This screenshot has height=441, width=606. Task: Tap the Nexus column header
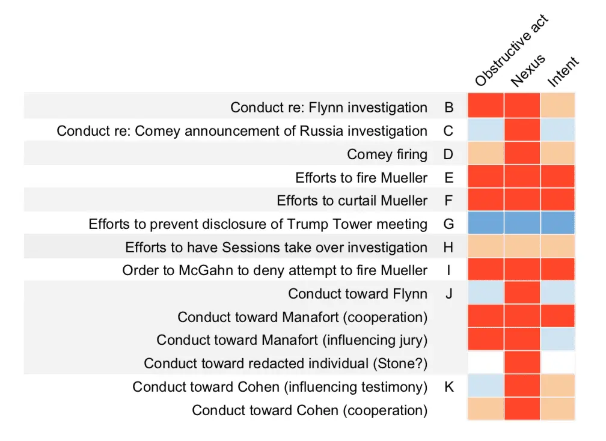[x=528, y=70]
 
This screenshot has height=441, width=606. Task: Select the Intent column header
[x=563, y=71]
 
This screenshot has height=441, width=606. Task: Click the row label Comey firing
[x=387, y=154]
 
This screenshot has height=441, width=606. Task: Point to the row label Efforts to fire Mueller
[x=361, y=178]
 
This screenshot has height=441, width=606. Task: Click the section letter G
[x=448, y=225]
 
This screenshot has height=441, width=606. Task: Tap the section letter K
[x=448, y=387]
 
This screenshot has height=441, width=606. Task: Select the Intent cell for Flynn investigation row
[x=558, y=108]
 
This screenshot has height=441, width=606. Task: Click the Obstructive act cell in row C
[x=486, y=131]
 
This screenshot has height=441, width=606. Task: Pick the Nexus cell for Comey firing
[x=522, y=154]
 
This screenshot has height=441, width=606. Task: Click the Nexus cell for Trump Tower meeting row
[x=522, y=225]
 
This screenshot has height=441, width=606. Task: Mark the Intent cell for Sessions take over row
[x=558, y=248]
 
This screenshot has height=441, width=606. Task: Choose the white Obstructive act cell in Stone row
[x=486, y=363]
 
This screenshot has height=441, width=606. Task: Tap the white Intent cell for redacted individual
[x=558, y=363]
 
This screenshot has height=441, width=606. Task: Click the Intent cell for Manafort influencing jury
[x=558, y=340]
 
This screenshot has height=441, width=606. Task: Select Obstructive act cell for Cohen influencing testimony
[x=486, y=387]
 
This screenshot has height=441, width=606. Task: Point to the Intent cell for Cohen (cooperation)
[x=558, y=410]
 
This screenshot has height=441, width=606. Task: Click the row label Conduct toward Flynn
[x=358, y=294]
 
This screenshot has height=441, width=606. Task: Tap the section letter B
[x=448, y=108]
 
